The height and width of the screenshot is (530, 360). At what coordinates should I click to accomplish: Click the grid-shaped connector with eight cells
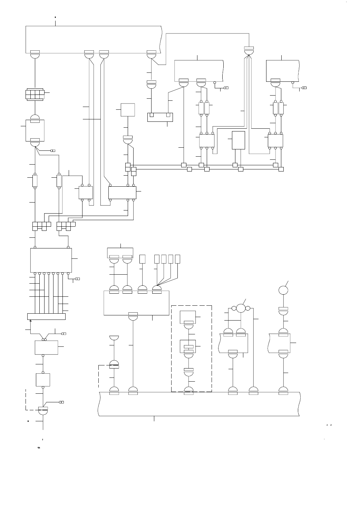[x=35, y=95]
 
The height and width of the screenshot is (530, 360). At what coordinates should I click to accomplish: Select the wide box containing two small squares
[x=160, y=117]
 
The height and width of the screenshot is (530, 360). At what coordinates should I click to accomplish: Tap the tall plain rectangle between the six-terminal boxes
[x=238, y=140]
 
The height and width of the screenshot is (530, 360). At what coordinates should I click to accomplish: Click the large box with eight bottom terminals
[x=51, y=260]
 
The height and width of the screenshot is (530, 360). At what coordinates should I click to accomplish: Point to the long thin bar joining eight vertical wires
[x=46, y=316]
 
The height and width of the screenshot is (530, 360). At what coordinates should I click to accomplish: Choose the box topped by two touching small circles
[x=46, y=347]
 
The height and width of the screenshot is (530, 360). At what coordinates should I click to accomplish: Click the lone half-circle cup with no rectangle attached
[x=114, y=337]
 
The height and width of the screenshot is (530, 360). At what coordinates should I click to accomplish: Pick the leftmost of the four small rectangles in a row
[x=157, y=259]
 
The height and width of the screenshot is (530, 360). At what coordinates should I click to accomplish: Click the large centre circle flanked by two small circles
[x=240, y=308]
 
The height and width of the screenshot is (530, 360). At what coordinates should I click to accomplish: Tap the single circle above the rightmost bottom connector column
[x=283, y=290]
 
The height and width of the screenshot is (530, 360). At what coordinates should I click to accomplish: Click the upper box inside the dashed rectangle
[x=188, y=317]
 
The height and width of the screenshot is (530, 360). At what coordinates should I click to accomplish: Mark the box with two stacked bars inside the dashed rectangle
[x=188, y=346]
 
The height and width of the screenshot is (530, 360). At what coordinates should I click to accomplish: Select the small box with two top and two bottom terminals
[x=86, y=192]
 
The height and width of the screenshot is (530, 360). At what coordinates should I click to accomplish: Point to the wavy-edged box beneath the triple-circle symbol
[x=233, y=343]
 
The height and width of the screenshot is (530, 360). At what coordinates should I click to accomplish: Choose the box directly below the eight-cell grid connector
[x=35, y=130]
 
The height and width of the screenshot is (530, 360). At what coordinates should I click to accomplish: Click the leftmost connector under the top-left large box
[x=35, y=54]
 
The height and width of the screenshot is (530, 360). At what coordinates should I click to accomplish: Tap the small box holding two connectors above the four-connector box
[x=120, y=252]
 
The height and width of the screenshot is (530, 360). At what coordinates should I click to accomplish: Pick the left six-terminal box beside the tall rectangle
[x=207, y=140]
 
